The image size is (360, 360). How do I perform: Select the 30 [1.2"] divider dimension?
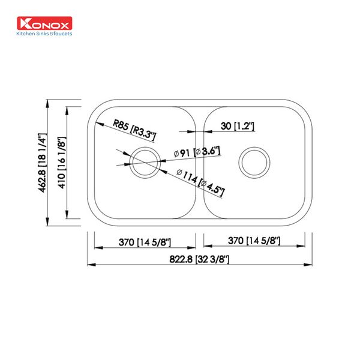click(x=238, y=126)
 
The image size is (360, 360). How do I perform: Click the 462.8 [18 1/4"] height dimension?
click(x=43, y=163)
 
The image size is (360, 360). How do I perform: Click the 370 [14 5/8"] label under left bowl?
click(x=144, y=242)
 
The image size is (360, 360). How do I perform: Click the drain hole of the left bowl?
click(x=145, y=161)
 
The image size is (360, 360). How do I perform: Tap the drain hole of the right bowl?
click(x=253, y=161)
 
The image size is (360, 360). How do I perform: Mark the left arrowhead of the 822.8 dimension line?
click(x=91, y=264)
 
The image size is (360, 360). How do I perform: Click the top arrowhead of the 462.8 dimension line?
click(x=50, y=103)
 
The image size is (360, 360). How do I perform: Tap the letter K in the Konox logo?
click(x=24, y=24)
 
